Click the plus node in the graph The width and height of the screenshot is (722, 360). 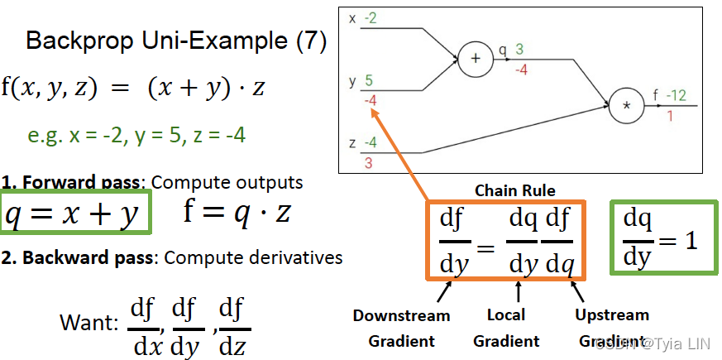click(475, 59)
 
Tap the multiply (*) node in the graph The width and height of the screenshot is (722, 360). click(626, 107)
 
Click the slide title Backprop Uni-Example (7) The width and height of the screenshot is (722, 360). click(176, 41)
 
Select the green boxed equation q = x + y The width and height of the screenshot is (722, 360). click(75, 214)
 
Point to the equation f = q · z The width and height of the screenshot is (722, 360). click(237, 214)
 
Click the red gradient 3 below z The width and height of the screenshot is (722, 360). click(368, 163)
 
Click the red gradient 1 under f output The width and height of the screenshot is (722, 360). click(669, 116)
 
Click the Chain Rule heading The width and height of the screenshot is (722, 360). click(515, 191)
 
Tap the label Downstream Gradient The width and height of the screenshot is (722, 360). click(401, 328)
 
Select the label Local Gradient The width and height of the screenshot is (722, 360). click(506, 328)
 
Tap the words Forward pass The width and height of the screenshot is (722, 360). click(68, 182)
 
